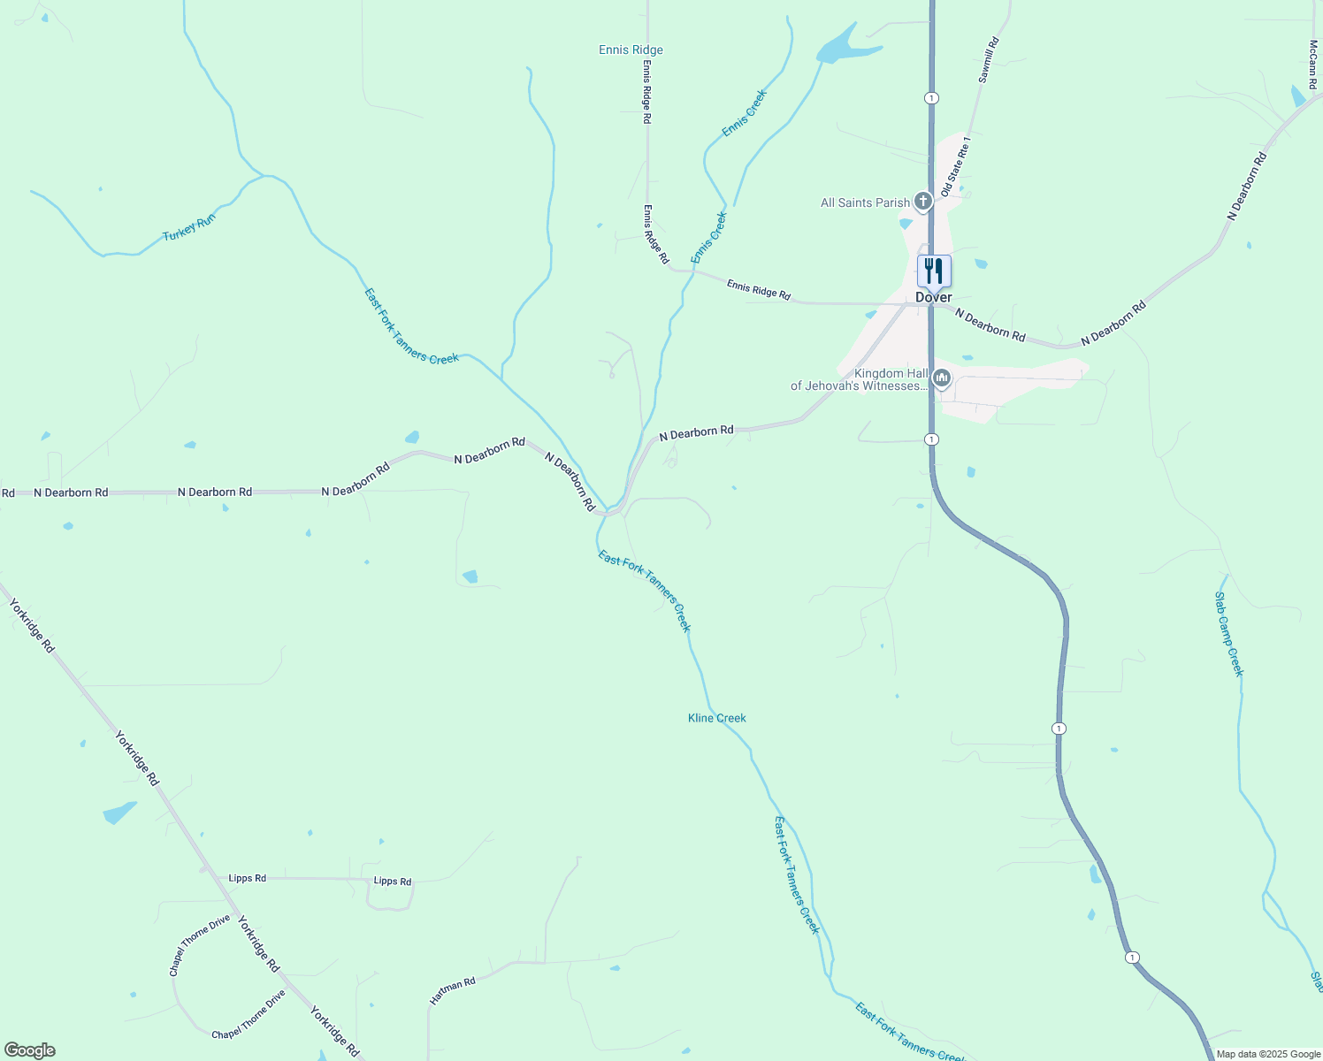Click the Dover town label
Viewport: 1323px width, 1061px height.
(x=933, y=297)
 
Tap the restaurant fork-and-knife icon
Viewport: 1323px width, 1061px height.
(x=934, y=271)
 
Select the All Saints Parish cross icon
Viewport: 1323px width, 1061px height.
(x=923, y=202)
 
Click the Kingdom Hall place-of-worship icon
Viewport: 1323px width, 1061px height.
(x=941, y=379)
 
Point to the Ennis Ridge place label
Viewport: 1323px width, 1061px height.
(x=631, y=50)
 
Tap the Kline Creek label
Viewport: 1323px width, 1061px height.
(x=716, y=718)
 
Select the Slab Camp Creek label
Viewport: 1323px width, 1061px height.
(x=1229, y=634)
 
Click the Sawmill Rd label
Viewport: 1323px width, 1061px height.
(x=989, y=60)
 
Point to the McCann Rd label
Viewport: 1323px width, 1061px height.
(x=1314, y=64)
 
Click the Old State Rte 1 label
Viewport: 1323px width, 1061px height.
(x=956, y=166)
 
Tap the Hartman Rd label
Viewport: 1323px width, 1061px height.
(x=453, y=990)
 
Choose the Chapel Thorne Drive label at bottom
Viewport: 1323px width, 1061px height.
(x=249, y=1015)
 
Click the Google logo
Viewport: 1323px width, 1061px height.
(x=29, y=1050)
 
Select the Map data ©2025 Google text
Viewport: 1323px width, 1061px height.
(x=1267, y=1054)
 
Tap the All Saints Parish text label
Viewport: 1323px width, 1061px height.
(x=865, y=203)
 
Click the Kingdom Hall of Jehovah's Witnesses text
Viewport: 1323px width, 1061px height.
(x=858, y=380)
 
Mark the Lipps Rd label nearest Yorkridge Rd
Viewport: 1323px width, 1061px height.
(x=247, y=878)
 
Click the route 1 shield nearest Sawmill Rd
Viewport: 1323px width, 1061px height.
(x=931, y=97)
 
